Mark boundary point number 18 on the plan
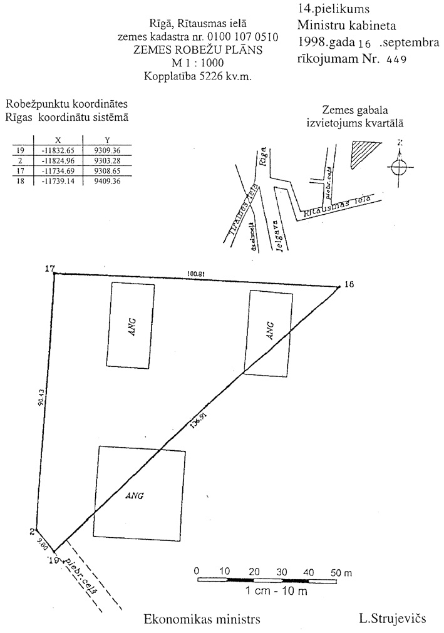click(x=349, y=284)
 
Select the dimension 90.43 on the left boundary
click(x=41, y=399)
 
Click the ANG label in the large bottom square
click(x=135, y=495)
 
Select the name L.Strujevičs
click(x=392, y=619)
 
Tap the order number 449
click(x=396, y=60)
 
